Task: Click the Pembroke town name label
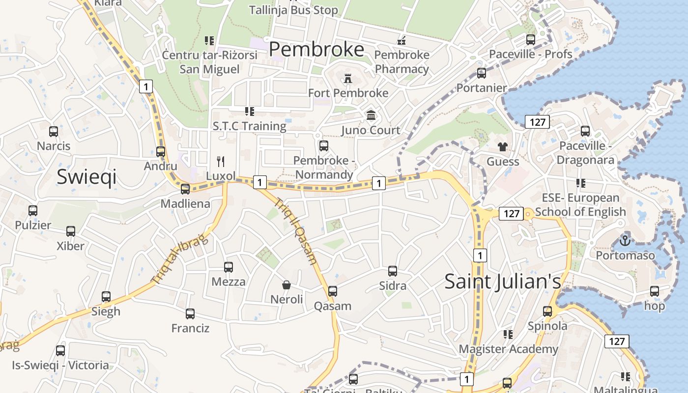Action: (x=316, y=50)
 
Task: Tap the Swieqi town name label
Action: (x=86, y=176)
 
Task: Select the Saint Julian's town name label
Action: (x=502, y=281)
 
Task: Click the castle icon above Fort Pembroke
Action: (x=348, y=78)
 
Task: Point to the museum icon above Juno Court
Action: (x=371, y=115)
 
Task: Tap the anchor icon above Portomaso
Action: (x=625, y=241)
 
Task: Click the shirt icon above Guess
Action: (x=502, y=146)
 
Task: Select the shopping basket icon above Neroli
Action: (x=287, y=284)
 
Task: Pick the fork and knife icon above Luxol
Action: (x=221, y=161)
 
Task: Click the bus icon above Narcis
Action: (x=54, y=132)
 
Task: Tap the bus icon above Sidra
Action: (x=392, y=271)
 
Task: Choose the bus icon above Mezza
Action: (x=229, y=267)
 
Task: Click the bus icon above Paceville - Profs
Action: (x=531, y=40)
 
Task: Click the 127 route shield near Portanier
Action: (x=537, y=122)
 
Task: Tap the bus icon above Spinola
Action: (x=547, y=311)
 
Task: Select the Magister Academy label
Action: (x=508, y=349)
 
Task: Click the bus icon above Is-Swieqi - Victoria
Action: (x=60, y=351)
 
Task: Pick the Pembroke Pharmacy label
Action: (x=401, y=61)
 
